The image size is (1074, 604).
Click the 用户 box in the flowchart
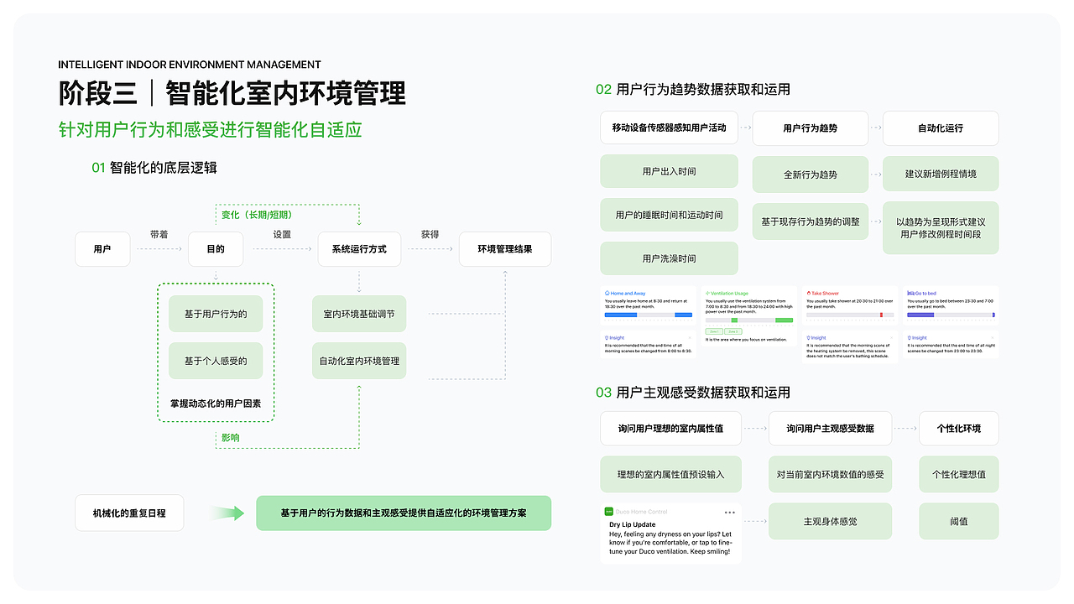tap(102, 249)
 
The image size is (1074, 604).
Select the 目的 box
tap(216, 249)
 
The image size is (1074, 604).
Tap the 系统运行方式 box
tap(359, 249)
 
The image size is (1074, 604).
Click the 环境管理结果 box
tap(505, 249)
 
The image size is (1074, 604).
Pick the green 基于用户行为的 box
tap(216, 315)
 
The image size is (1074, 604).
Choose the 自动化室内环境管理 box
tap(359, 362)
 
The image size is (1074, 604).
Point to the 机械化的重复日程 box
tap(130, 513)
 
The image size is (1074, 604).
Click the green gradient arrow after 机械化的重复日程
tap(227, 513)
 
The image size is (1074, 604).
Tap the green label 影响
tap(230, 438)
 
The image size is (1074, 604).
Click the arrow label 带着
tap(159, 235)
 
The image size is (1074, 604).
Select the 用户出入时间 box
tap(669, 171)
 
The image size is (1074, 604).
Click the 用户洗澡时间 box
tap(669, 258)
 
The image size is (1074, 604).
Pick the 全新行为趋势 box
tap(810, 174)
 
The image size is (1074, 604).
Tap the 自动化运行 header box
tap(940, 128)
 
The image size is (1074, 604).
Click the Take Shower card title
tap(826, 294)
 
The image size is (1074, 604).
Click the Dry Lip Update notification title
tap(633, 524)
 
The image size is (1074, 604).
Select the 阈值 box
tap(958, 521)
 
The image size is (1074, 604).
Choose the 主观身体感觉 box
tap(830, 521)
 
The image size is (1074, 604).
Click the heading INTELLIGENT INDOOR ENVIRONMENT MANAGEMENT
tap(190, 65)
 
